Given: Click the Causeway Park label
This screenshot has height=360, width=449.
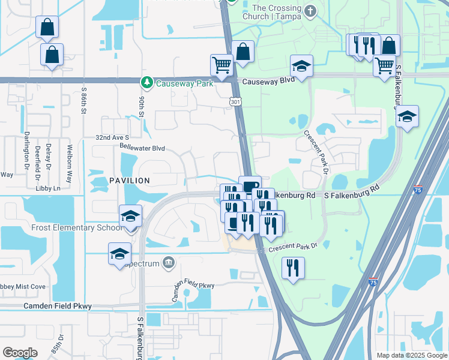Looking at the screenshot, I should tap(184, 83).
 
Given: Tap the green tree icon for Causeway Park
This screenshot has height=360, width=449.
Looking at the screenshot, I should tap(145, 82).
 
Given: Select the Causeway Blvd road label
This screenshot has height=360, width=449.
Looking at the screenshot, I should tap(262, 81).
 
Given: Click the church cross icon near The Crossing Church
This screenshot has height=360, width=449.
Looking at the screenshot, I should tap(310, 11).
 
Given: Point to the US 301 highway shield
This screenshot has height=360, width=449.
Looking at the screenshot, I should tap(234, 103).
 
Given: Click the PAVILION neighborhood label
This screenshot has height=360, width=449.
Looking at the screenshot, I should tap(129, 180).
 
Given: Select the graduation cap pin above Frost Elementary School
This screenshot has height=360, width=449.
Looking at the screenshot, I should tap(130, 216).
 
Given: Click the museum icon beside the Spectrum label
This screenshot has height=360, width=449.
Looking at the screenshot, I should tap(169, 262).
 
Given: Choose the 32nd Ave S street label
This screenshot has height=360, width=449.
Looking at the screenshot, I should tap(112, 137).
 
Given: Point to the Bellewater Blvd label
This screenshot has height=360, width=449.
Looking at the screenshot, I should tap(142, 148).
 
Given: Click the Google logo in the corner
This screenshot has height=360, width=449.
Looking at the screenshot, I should tap(20, 352).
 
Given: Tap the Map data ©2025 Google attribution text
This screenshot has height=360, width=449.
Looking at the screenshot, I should tap(411, 355).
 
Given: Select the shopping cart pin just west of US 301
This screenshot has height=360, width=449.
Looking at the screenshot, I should tap(221, 65).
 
